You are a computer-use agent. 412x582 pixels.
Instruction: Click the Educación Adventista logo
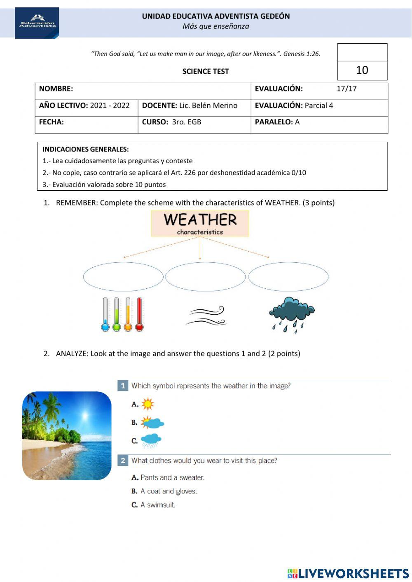point(37,23)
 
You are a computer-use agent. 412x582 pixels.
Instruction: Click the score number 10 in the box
point(362,70)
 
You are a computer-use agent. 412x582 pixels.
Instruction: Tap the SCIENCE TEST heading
point(206,71)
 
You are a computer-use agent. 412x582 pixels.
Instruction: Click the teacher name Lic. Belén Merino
point(208,105)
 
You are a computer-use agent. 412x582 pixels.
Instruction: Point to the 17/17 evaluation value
point(346,89)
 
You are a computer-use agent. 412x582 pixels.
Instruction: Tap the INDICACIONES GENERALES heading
point(86,149)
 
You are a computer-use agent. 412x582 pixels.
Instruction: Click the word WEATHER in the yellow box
point(200,220)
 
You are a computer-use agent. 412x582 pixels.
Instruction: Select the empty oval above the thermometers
point(123,276)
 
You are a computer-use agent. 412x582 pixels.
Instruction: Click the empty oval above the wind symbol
point(205,276)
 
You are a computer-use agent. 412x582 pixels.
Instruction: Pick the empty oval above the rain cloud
point(288,276)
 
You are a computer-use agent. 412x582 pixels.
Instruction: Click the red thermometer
point(139,314)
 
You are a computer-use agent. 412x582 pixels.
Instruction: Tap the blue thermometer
point(105,314)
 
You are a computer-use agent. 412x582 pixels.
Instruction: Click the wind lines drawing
point(206,316)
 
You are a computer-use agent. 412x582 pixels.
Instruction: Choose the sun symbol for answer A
point(147,404)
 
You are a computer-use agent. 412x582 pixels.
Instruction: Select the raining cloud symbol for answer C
point(151,441)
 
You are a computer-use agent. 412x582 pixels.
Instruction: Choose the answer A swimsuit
point(158,505)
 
